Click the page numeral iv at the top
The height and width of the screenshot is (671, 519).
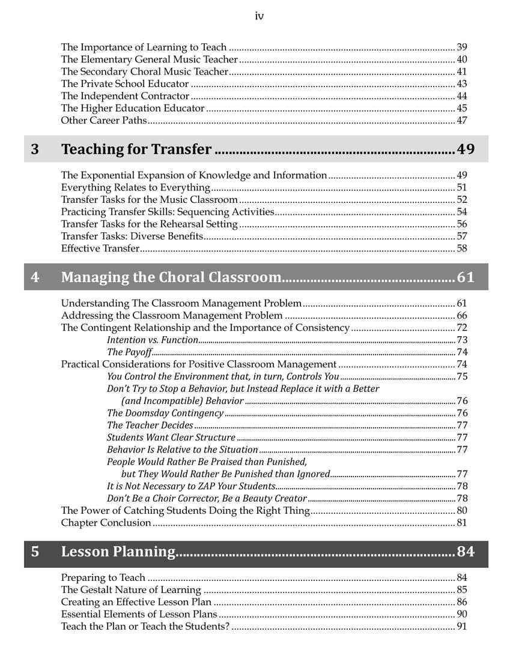259,16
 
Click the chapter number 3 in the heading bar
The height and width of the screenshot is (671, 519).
35,149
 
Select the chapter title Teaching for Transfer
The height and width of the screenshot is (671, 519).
136,149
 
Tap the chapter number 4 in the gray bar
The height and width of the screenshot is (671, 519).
35,277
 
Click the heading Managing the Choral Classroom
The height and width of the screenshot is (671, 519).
171,277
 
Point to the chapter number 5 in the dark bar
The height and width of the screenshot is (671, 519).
35,552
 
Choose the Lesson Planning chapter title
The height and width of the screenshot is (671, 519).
118,552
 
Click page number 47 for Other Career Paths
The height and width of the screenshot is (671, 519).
462,121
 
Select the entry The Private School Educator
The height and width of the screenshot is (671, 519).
125,84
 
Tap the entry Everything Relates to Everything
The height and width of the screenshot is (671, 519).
135,188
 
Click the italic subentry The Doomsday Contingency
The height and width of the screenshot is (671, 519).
165,413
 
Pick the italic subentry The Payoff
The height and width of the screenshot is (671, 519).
129,352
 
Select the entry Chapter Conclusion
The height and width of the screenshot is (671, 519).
106,523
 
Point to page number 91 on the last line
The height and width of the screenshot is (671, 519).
462,627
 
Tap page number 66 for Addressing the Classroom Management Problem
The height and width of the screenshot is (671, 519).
462,316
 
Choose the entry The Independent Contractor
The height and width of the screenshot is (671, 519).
126,96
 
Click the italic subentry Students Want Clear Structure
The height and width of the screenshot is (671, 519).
171,438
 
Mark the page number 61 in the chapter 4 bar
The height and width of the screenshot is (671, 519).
466,277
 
